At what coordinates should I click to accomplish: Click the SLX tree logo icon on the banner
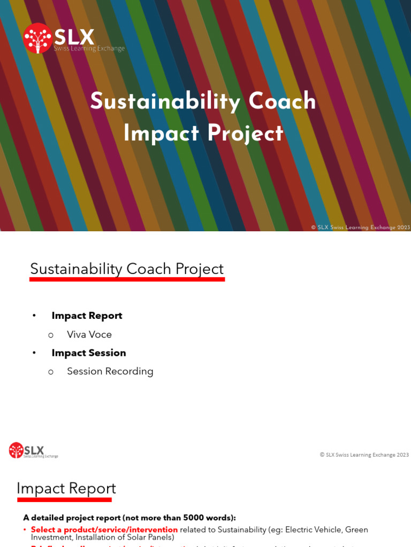coord(37,38)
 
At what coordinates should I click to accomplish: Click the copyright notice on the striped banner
coord(360,227)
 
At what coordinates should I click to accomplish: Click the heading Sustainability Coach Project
coord(127,269)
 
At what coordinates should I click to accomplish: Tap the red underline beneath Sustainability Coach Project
coord(127,279)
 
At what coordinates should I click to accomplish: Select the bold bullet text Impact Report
coord(87,316)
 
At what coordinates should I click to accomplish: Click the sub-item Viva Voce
coord(89,334)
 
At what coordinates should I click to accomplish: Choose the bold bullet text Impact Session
coord(89,353)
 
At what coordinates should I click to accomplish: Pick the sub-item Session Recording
coord(110,371)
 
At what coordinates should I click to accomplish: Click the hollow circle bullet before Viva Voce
coord(51,335)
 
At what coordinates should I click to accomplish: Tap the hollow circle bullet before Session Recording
coord(51,372)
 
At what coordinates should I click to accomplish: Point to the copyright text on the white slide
coord(364,455)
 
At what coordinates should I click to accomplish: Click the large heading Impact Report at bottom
coord(66,488)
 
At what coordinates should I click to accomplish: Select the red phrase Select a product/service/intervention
coord(104,529)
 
